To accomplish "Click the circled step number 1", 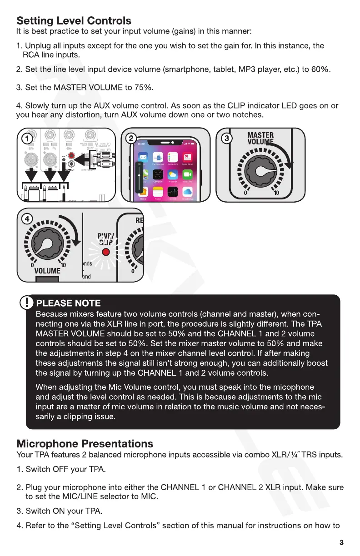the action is pyautogui.click(x=28, y=138).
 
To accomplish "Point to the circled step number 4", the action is pyautogui.click(x=28, y=218).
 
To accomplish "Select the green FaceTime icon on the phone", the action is pyautogui.click(x=187, y=175).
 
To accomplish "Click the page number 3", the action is pyautogui.click(x=341, y=542).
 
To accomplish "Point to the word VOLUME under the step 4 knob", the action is pyautogui.click(x=47, y=271).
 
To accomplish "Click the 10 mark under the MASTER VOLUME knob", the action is pyautogui.click(x=275, y=194).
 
